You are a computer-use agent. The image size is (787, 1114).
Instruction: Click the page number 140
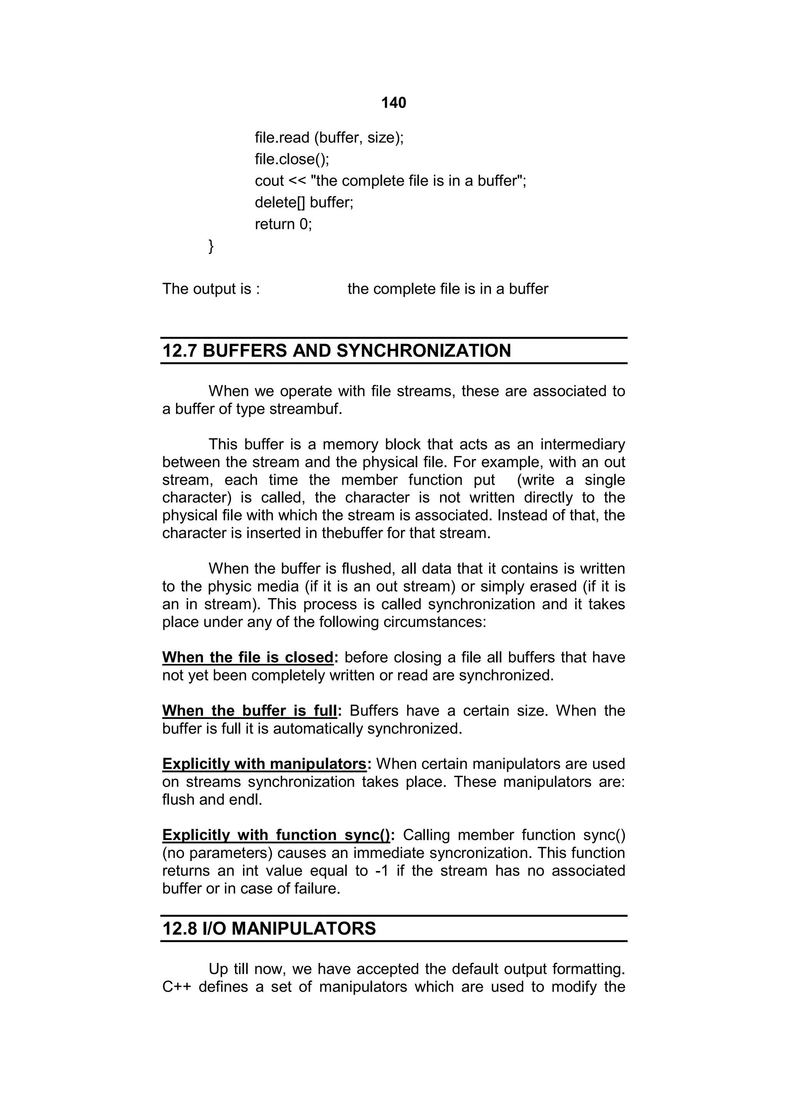click(x=393, y=103)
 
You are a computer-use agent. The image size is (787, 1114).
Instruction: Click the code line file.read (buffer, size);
click(x=329, y=138)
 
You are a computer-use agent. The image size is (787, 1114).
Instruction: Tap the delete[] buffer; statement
click(x=304, y=202)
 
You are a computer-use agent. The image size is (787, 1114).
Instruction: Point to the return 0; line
click(x=283, y=224)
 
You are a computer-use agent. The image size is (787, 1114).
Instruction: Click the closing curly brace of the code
click(x=211, y=246)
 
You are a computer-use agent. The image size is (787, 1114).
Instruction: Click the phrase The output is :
click(x=211, y=289)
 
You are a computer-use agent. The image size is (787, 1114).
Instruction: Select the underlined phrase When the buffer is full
click(x=249, y=711)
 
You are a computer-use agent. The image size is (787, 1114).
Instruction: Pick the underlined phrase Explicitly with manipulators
click(x=264, y=764)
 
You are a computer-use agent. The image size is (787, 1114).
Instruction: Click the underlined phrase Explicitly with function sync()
click(x=276, y=835)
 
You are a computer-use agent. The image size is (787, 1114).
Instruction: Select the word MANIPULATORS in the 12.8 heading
click(x=304, y=929)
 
